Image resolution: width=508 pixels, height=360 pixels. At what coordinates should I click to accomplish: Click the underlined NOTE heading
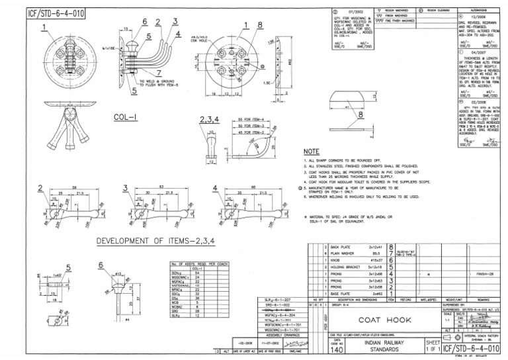coord(311,151)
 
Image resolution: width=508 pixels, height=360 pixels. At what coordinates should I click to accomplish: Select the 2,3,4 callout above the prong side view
coord(207,119)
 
